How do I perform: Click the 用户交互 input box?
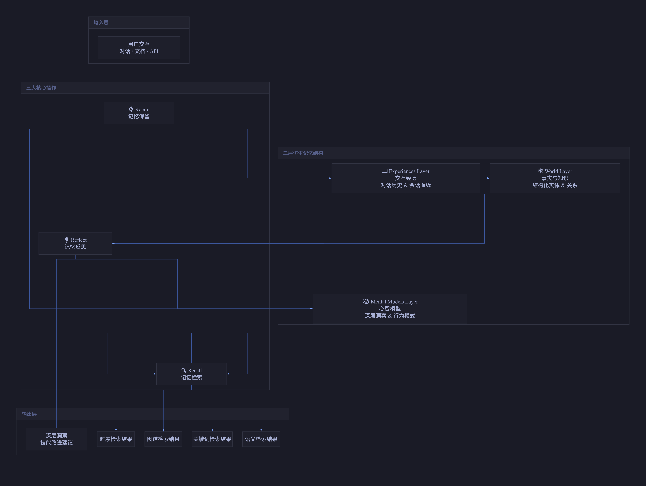pos(139,48)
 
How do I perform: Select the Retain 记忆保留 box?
pos(139,113)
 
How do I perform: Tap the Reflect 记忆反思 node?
pos(75,243)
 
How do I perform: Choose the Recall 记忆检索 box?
pos(191,374)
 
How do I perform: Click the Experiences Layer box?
pos(406,178)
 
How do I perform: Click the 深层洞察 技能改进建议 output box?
pos(56,439)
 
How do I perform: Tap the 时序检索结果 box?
pos(116,439)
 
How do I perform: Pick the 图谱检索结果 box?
pos(163,439)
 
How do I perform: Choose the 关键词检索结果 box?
pos(212,439)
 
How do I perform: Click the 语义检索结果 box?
pos(261,439)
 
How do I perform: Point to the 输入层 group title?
pos(101,22)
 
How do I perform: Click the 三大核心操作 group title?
pos(41,88)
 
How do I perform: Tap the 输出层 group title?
pos(29,414)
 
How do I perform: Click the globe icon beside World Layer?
pos(541,171)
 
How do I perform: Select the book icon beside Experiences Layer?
pos(385,171)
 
